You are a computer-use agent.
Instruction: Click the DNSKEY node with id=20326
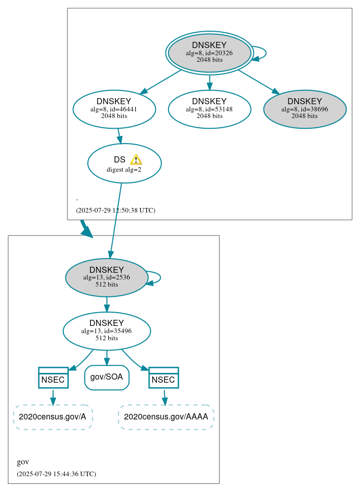(x=209, y=53)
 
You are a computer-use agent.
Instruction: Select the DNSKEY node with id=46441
(x=114, y=109)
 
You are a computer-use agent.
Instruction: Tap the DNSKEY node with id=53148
(x=209, y=109)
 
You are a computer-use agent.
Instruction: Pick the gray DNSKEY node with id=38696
(x=305, y=109)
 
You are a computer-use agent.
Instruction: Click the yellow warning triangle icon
(x=136, y=159)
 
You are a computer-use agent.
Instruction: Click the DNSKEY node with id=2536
(x=107, y=277)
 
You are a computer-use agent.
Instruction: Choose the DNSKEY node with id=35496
(x=107, y=331)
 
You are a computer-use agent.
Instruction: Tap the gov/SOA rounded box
(x=107, y=378)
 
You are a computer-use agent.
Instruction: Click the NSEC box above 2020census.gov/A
(x=53, y=378)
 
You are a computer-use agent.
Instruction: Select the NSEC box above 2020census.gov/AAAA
(x=163, y=378)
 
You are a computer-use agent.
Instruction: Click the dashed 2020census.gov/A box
(x=53, y=417)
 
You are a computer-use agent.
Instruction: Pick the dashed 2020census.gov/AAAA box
(x=166, y=417)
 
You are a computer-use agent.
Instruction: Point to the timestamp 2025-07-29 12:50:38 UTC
(x=115, y=210)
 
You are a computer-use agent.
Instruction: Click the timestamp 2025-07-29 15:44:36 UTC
(x=56, y=474)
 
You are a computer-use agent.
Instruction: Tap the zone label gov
(x=23, y=462)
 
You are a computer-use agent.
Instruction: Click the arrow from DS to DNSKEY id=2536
(x=116, y=220)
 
